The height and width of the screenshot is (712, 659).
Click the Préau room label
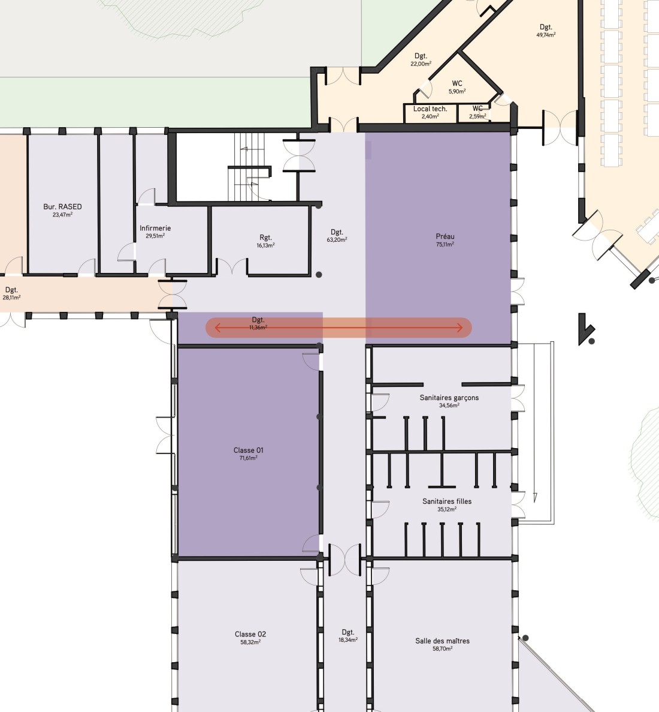tap(445, 236)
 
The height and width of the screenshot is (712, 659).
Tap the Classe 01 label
tap(248, 450)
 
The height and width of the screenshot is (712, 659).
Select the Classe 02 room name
tap(250, 634)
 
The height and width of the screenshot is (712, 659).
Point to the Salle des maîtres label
tap(442, 641)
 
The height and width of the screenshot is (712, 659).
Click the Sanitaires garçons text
tap(449, 398)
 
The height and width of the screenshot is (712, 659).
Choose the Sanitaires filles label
tap(447, 501)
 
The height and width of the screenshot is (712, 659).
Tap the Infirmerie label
tap(155, 228)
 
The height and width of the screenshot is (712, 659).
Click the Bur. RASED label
tap(62, 206)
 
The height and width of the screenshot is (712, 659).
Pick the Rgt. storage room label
tap(266, 238)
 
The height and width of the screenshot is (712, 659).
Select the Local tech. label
tap(430, 109)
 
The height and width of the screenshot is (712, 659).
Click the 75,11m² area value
tap(445, 244)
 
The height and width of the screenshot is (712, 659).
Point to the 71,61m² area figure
tap(249, 458)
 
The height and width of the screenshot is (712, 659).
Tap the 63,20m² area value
tap(337, 240)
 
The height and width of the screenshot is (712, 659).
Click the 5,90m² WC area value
tap(457, 91)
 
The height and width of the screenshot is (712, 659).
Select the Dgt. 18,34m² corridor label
tap(348, 636)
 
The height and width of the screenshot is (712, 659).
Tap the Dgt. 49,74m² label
tap(546, 31)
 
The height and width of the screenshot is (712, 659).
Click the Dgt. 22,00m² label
tap(421, 59)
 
